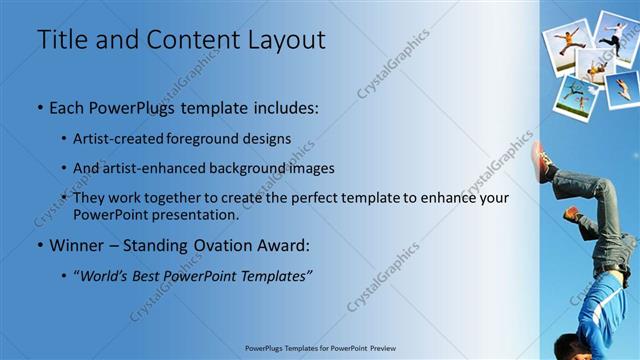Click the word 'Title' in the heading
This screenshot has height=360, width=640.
[61, 40]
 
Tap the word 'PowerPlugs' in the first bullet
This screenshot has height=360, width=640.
[133, 106]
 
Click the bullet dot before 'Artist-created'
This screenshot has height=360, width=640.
[65, 138]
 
